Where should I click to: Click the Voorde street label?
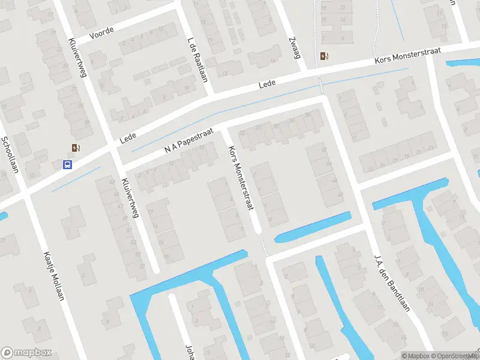pyautogui.click(x=101, y=34)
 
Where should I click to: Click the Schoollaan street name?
pyautogui.click(x=10, y=154)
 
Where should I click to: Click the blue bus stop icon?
pyautogui.click(x=68, y=164)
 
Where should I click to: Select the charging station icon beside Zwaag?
pyautogui.click(x=325, y=56)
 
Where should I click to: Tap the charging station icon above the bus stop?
pyautogui.click(x=75, y=148)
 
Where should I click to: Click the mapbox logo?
pyautogui.click(x=26, y=352)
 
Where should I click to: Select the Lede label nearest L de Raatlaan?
pyautogui.click(x=267, y=84)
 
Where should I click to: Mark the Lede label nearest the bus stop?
pyautogui.click(x=127, y=139)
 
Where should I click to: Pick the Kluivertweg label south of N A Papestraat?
pyautogui.click(x=130, y=197)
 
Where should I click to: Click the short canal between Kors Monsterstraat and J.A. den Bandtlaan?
pyautogui.click(x=313, y=227)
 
